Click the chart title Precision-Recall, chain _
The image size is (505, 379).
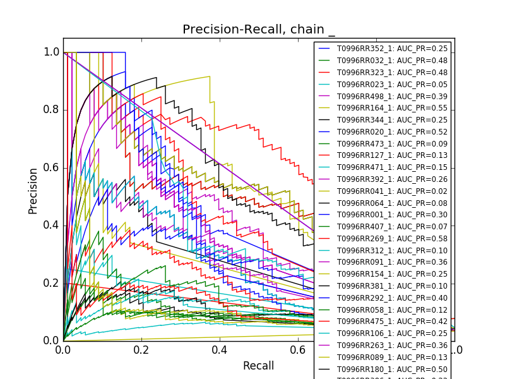click(259, 30)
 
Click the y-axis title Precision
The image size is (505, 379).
click(33, 190)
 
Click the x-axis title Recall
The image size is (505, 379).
click(259, 366)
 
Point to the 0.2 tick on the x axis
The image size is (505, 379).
click(141, 349)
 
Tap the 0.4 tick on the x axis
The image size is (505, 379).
click(220, 349)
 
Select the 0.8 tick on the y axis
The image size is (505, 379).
click(52, 110)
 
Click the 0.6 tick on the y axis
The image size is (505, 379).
click(52, 167)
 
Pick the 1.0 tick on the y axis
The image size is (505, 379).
click(52, 52)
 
